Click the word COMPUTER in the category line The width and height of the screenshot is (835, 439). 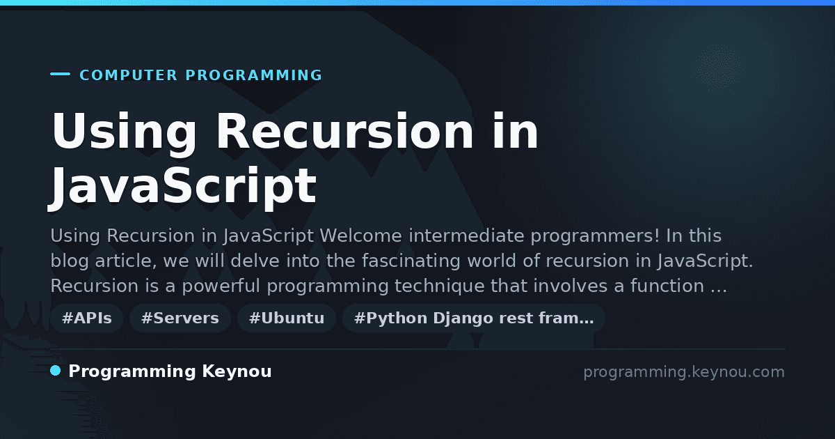(x=129, y=75)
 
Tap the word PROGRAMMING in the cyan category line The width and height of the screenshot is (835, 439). (x=254, y=75)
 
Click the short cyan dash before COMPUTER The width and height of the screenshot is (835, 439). (x=60, y=74)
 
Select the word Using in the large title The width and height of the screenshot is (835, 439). (x=124, y=132)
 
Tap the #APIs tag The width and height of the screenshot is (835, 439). (x=87, y=318)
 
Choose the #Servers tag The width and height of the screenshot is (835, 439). (x=180, y=318)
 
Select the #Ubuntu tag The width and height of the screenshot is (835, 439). (x=287, y=318)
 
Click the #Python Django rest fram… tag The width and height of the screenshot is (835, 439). (x=474, y=318)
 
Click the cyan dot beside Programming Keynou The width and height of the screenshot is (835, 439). (x=56, y=371)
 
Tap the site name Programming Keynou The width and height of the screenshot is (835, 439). (x=170, y=371)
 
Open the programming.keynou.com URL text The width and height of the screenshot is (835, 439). (x=684, y=372)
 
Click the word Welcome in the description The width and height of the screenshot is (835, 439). (x=361, y=236)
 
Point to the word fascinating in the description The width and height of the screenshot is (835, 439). (x=411, y=261)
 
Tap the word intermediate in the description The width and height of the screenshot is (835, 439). (x=466, y=236)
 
